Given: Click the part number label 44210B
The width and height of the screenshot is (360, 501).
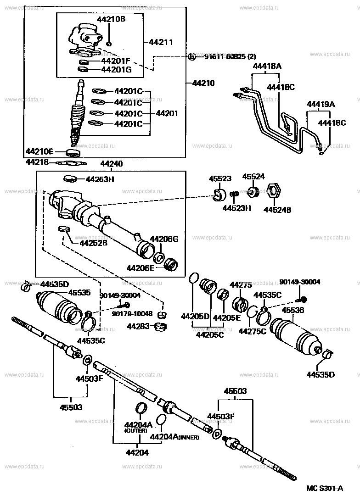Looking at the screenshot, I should (x=111, y=19).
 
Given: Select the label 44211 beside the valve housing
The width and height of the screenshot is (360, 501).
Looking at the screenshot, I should (x=161, y=42).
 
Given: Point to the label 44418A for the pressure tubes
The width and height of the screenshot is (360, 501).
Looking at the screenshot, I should (x=267, y=66).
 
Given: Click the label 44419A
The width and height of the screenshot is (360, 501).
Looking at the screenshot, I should (x=321, y=104).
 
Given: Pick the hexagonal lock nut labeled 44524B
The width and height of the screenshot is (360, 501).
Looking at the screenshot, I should (x=273, y=191).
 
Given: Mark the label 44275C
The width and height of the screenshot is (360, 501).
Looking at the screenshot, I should (x=252, y=331).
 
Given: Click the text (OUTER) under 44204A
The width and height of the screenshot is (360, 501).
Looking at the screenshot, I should (x=135, y=431).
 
